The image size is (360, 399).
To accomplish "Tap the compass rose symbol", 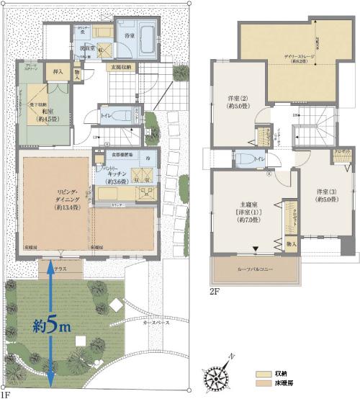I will tap(220, 375).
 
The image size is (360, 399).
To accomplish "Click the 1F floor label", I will tap(6, 395).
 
